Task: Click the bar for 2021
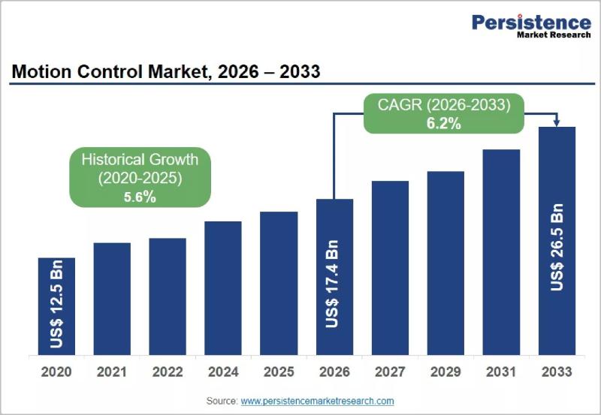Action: tap(112, 299)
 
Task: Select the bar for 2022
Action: tap(168, 296)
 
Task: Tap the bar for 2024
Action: tap(223, 288)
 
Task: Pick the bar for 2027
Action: tap(390, 268)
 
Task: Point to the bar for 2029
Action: tap(445, 263)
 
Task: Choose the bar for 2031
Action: tap(501, 252)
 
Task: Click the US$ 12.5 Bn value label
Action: tap(57, 305)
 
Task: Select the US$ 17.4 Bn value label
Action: tap(332, 284)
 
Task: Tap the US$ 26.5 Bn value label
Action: tap(557, 248)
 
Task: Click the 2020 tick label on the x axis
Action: tap(56, 371)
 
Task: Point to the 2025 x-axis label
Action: tap(279, 371)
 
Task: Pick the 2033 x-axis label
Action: tap(557, 371)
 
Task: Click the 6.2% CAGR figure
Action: tap(444, 123)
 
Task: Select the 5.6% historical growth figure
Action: tap(140, 197)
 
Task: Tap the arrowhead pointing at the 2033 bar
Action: tap(557, 123)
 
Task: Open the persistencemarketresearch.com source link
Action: tap(317, 401)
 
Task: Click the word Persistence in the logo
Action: tap(531, 23)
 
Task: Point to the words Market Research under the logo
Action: tap(554, 35)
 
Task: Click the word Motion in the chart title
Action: tap(42, 71)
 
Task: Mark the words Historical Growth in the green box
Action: tap(140, 159)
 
